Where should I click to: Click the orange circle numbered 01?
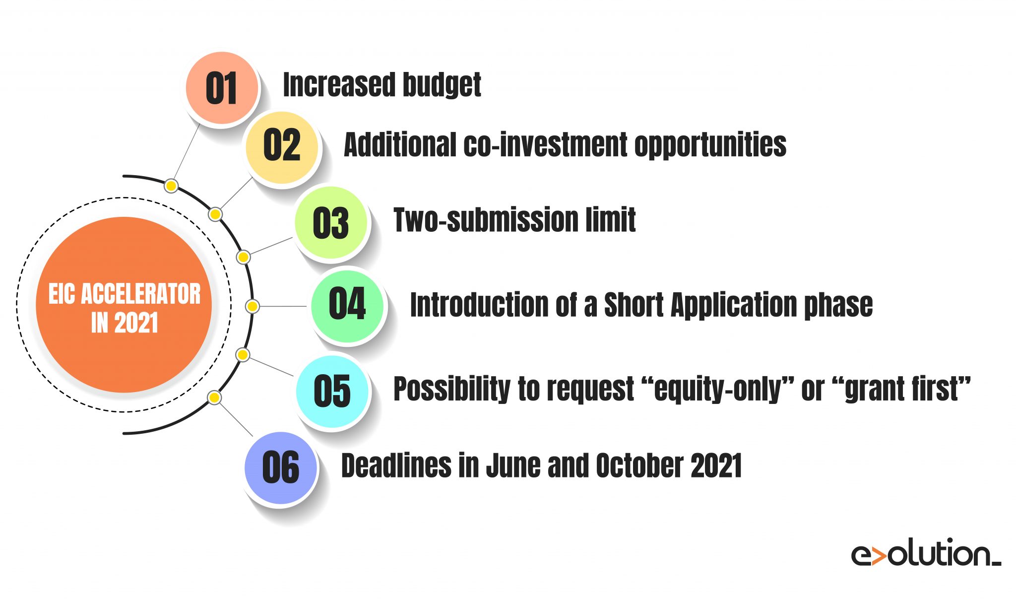pos(222,87)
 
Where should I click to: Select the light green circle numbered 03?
pos(331,223)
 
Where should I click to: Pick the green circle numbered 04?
pos(347,306)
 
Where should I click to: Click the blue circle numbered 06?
pos(281,468)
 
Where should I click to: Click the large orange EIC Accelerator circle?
pos(124,305)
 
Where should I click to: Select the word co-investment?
pos(546,145)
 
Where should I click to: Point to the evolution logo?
pos(926,554)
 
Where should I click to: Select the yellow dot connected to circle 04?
pos(252,307)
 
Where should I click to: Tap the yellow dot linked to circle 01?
pos(171,186)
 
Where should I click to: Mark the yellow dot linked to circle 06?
pos(214,398)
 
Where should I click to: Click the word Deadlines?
pos(396,466)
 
